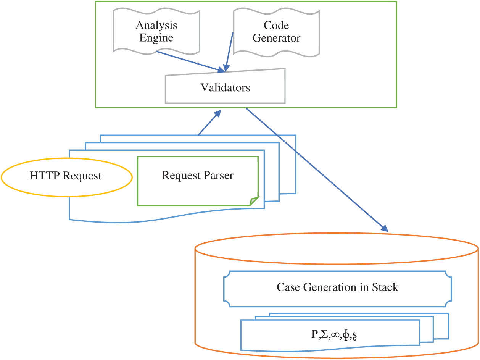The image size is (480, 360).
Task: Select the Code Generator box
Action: [x=276, y=31]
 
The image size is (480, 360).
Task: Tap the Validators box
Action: [x=225, y=87]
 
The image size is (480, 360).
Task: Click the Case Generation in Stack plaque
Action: [x=337, y=287]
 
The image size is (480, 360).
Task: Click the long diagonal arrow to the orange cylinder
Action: [x=317, y=170]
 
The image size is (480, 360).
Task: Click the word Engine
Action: [x=156, y=38]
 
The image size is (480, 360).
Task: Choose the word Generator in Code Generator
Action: [x=276, y=38]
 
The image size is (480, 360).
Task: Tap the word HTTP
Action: [x=45, y=176]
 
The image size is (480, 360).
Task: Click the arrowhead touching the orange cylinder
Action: [x=384, y=229]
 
